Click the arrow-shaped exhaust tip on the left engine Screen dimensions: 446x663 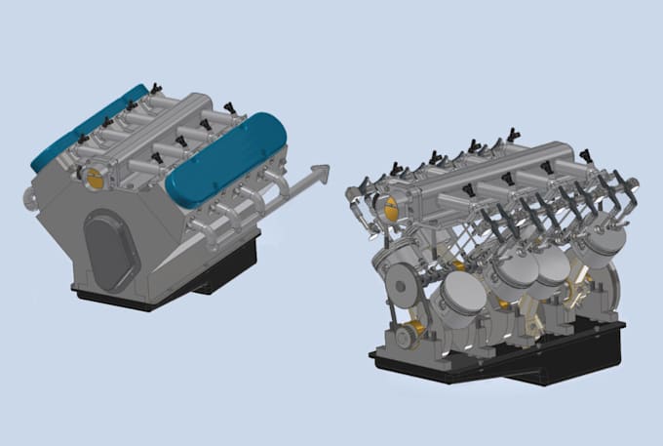click(x=317, y=174)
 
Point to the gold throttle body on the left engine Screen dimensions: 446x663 click(x=96, y=178)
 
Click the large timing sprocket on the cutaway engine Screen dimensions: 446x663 click(x=402, y=283)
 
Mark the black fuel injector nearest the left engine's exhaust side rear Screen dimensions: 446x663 click(x=230, y=106)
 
